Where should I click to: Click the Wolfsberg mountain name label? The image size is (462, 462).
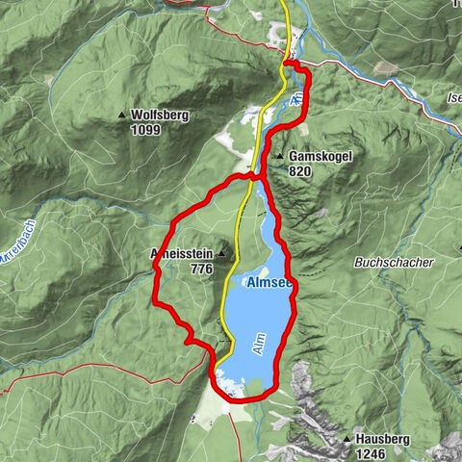point(160,115)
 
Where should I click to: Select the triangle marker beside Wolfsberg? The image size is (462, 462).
point(121,115)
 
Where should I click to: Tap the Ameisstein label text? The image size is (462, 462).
point(183,254)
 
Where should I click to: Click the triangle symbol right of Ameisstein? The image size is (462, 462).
point(222,254)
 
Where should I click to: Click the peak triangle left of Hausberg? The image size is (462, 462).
point(346,439)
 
